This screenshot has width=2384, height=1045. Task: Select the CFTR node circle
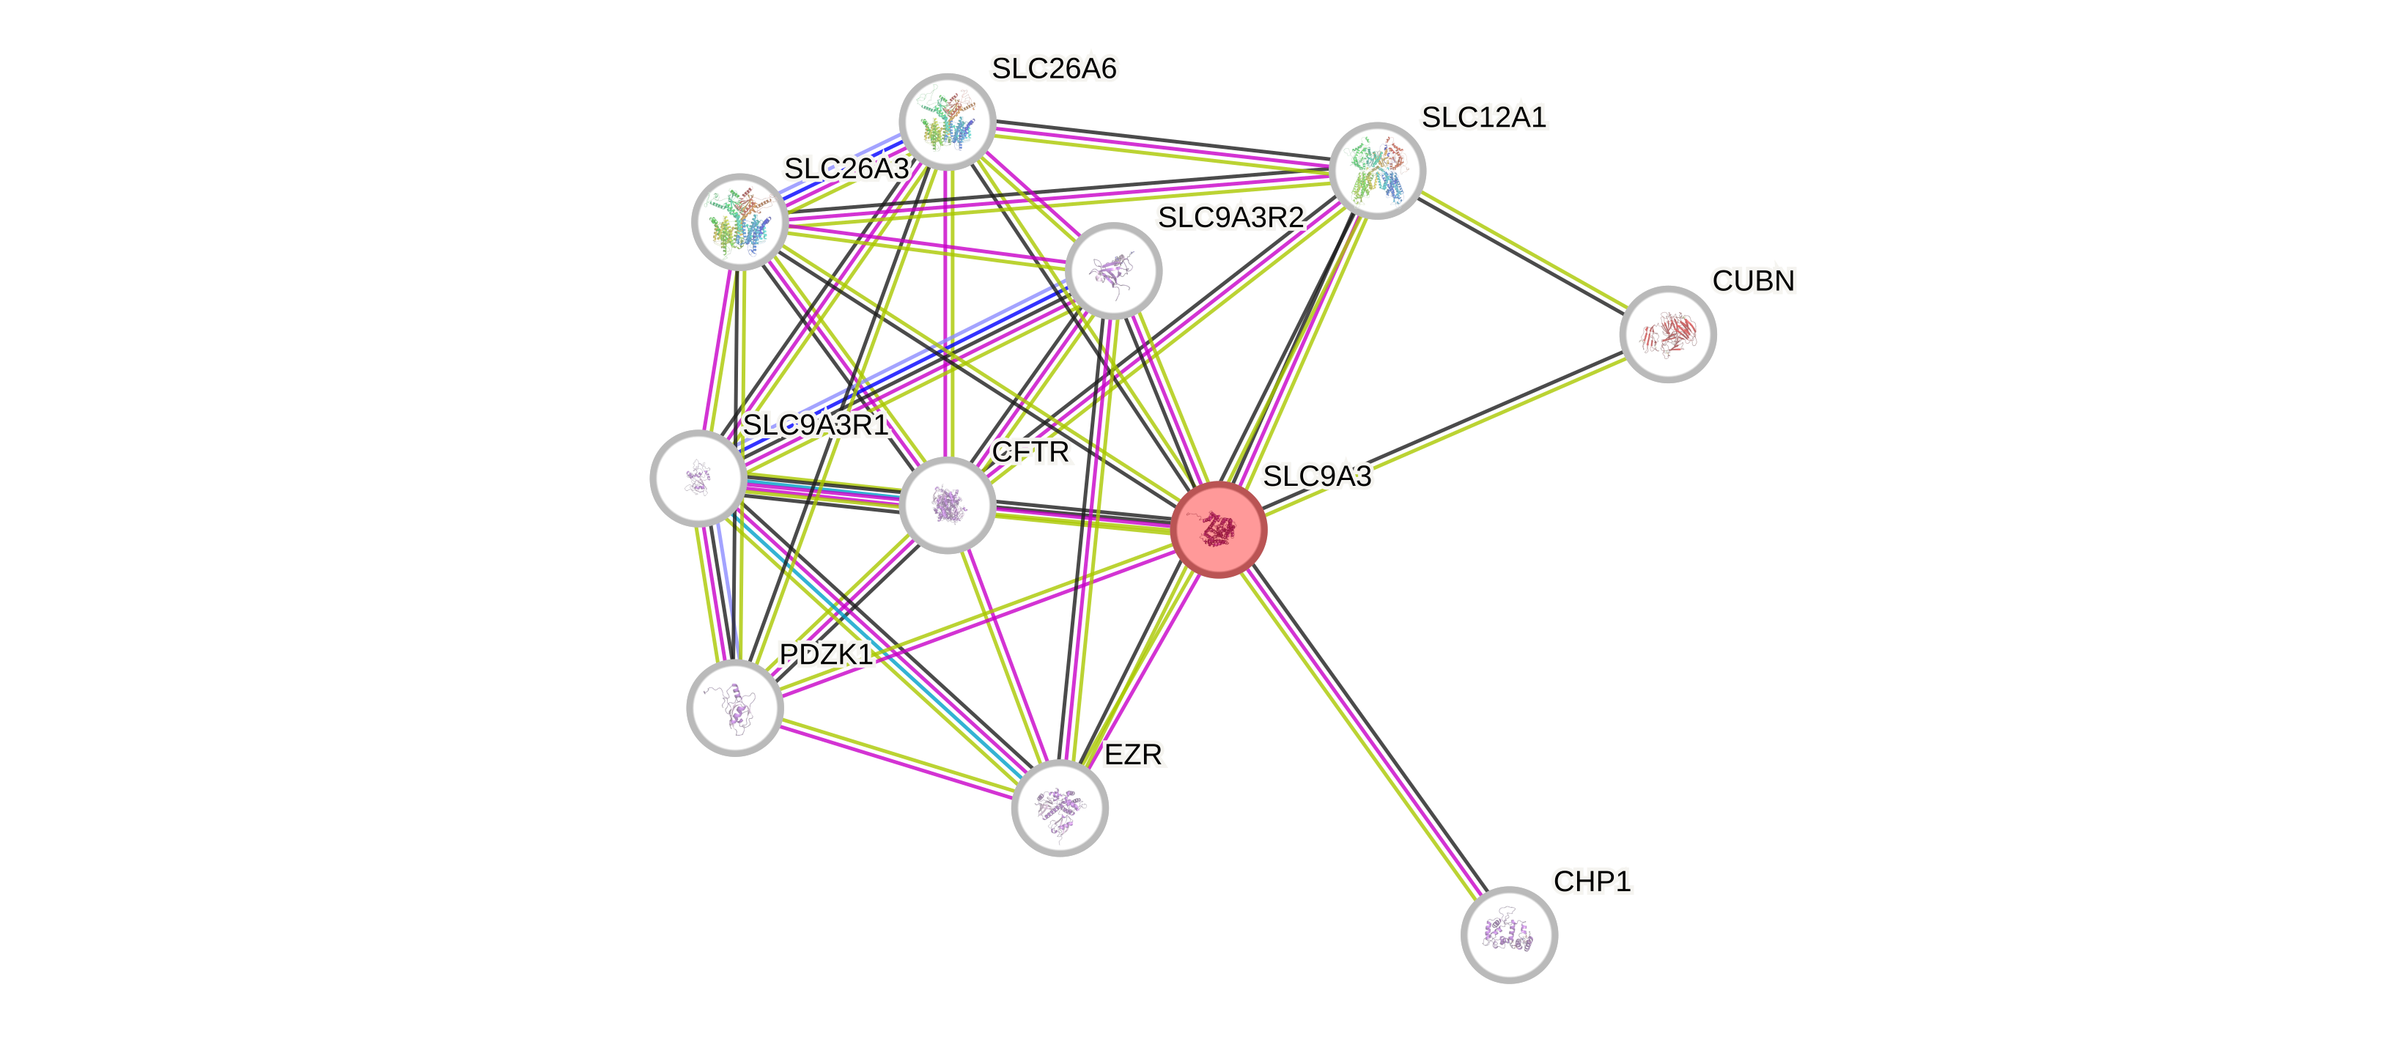click(x=947, y=506)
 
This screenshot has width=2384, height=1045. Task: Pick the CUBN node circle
click(x=1668, y=334)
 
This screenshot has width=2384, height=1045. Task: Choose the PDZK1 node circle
click(x=735, y=708)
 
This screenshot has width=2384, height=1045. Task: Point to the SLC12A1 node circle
click(x=1377, y=170)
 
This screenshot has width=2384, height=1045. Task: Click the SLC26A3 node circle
click(x=739, y=222)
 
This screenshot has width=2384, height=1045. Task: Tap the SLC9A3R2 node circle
click(x=1113, y=271)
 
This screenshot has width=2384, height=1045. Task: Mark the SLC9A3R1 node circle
click(x=698, y=478)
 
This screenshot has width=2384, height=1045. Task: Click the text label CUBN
click(x=1753, y=281)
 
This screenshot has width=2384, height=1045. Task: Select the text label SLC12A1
click(x=1483, y=117)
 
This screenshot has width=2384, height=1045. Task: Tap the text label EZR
click(x=1134, y=754)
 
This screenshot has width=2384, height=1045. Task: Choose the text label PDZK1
click(x=825, y=654)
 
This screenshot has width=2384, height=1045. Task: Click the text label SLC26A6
click(x=1053, y=68)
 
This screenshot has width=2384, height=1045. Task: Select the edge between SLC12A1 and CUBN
click(x=1522, y=252)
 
